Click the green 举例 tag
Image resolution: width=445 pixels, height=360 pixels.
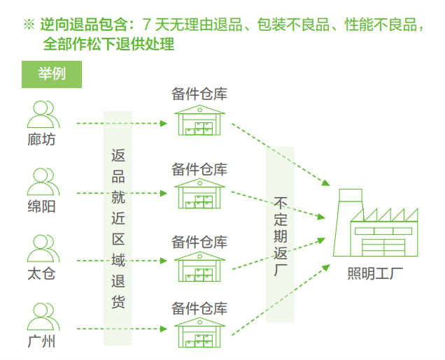point(52,73)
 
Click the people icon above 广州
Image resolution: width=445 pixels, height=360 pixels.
point(42,316)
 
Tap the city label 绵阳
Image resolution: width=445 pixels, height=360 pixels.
point(42,207)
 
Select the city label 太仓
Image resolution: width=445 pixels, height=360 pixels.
point(42,274)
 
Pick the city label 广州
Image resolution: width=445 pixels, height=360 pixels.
point(42,342)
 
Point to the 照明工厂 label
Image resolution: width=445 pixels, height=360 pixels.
point(376,273)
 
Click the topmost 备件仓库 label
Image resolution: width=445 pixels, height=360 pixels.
point(200,94)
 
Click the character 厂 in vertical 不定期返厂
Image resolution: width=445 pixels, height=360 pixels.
point(281,270)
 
